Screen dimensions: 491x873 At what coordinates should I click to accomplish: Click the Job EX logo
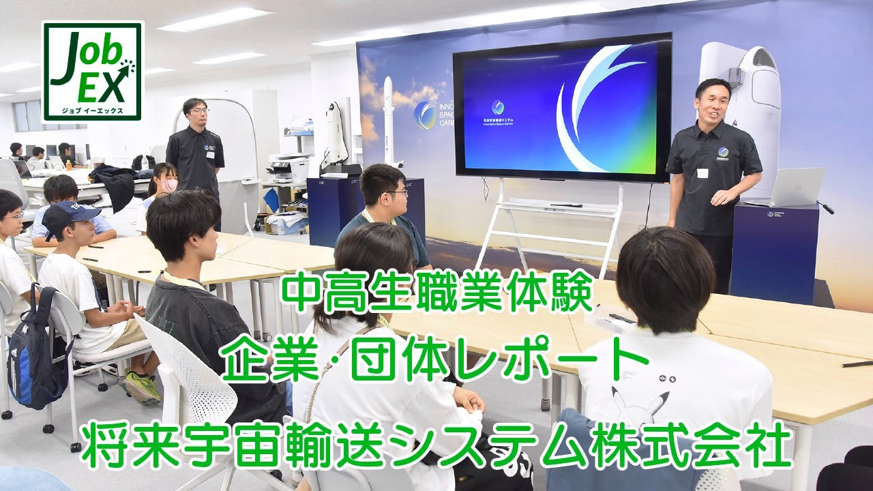92,71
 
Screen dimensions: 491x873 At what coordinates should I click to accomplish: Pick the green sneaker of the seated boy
142,387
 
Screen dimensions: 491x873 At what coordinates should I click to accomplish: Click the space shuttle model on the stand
336,133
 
